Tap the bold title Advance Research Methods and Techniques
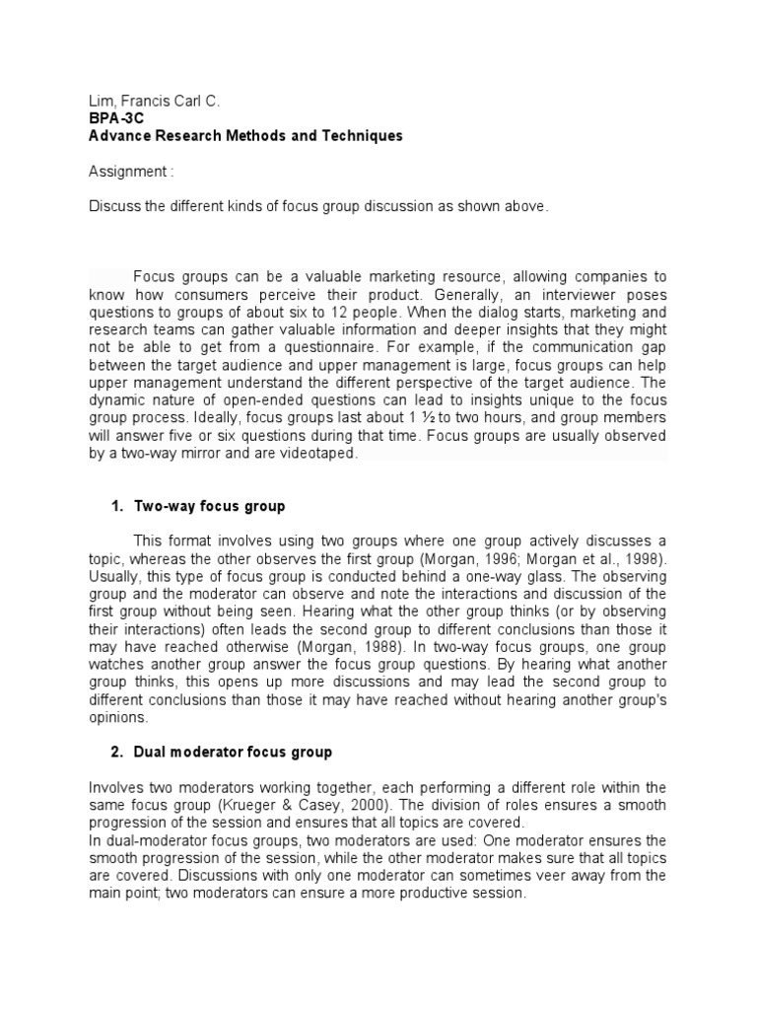pos(245,136)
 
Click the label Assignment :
pos(131,172)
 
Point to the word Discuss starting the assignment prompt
pos(114,206)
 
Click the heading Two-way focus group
pos(209,506)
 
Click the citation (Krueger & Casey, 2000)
pos(299,804)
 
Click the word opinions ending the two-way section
pos(118,717)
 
